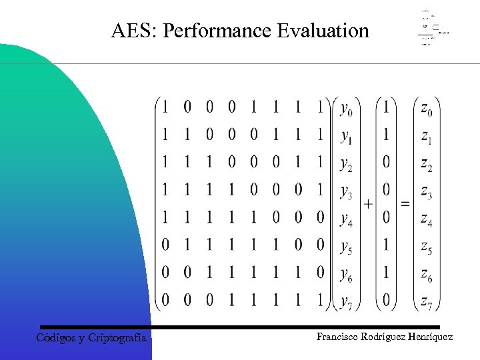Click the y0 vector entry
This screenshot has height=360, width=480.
pos(347,108)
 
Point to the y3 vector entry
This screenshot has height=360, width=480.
pos(347,192)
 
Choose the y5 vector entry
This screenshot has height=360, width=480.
pos(347,247)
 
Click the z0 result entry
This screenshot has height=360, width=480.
pos(427,108)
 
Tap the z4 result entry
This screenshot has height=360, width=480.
pos(427,219)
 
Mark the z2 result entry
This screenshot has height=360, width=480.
pos(427,164)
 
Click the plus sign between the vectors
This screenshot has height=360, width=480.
pos(369,203)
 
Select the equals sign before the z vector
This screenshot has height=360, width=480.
pos(405,203)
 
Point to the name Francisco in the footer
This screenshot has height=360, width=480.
pos(337,337)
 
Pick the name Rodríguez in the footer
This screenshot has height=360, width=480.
pos(385,337)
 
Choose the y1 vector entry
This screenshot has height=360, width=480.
pos(347,136)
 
